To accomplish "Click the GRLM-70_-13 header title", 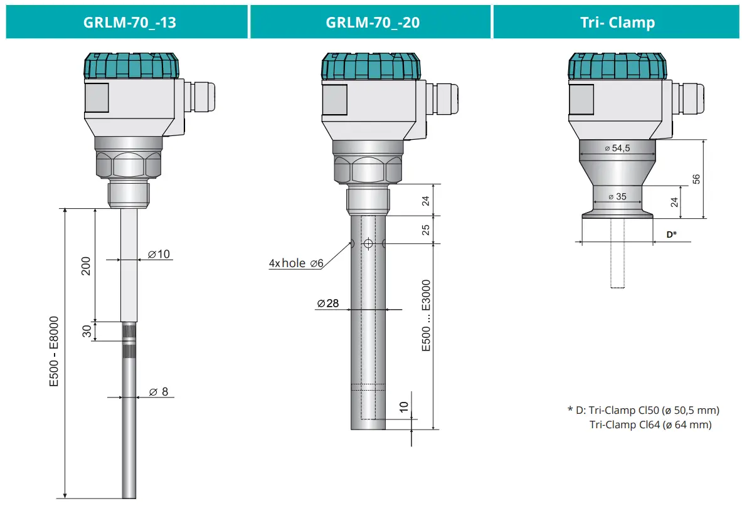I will (x=129, y=23).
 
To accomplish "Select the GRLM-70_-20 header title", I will (x=373, y=23).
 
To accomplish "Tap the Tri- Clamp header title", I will (x=617, y=23).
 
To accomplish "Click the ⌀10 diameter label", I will (x=159, y=254).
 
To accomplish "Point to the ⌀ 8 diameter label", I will (x=158, y=392).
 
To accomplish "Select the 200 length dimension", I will (x=87, y=265).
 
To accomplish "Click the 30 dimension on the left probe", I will (x=87, y=331).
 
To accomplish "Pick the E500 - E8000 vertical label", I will (x=55, y=351).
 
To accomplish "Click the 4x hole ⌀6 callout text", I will (x=296, y=263).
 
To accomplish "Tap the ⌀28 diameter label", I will (x=327, y=303).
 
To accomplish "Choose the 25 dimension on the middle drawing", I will (x=425, y=229).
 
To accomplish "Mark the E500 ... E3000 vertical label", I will (x=426, y=315).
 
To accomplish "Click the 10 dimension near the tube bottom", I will (x=403, y=408).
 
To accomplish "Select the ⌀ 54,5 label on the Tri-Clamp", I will (x=617, y=148).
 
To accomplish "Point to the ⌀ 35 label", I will (x=617, y=196).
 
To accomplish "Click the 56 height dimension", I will (x=696, y=179).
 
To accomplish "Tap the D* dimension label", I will (x=671, y=234).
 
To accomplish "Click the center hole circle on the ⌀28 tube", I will (x=368, y=243).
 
